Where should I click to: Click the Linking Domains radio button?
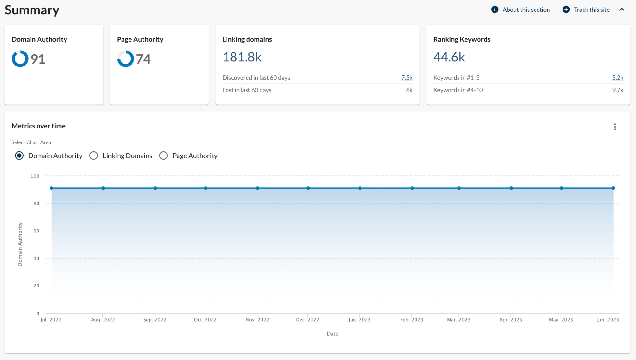(94, 156)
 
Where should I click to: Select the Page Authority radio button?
(164, 156)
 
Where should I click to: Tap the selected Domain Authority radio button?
(19, 156)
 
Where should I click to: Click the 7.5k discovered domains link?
(407, 78)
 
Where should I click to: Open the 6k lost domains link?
(409, 90)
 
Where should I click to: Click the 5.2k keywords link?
(618, 78)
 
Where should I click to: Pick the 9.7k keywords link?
(618, 90)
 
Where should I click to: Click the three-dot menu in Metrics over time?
(615, 127)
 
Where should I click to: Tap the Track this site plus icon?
(566, 10)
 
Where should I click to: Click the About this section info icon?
(495, 10)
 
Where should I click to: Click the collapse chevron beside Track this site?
(622, 10)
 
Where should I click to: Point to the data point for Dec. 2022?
(308, 188)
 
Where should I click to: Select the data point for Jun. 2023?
(613, 188)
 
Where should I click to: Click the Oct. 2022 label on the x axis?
(205, 320)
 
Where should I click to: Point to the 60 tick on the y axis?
(36, 231)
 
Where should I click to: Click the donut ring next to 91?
(20, 59)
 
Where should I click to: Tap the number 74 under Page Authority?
(143, 59)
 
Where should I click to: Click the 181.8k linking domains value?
(242, 57)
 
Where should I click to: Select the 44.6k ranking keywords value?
(449, 57)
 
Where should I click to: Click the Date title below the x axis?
(332, 334)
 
